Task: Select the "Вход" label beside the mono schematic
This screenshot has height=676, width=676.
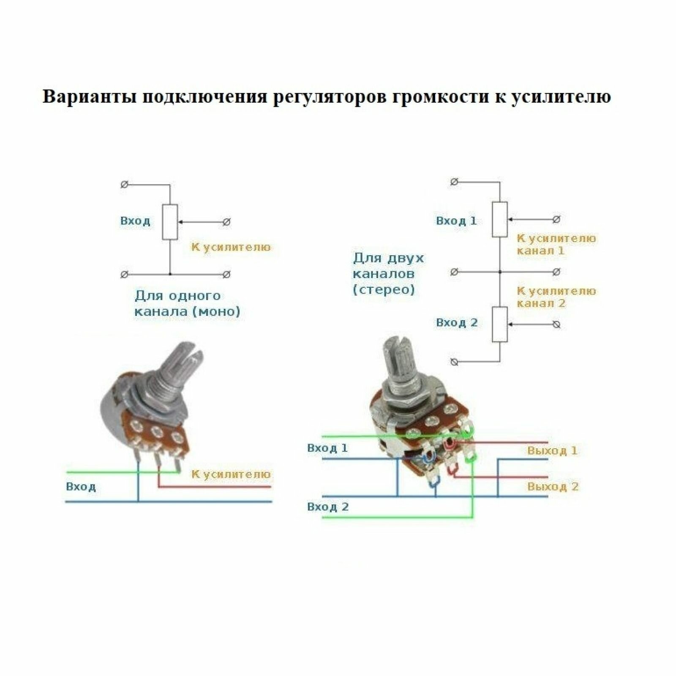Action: [x=135, y=221]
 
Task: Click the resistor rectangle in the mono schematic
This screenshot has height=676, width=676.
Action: [x=170, y=222]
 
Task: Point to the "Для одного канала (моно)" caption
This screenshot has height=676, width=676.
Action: [x=187, y=303]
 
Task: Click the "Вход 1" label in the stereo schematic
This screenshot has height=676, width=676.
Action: [x=456, y=221]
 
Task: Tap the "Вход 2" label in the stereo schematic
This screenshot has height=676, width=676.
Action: [x=457, y=323]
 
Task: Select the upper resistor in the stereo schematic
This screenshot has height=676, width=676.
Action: [x=500, y=219]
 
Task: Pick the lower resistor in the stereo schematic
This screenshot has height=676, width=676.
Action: [x=500, y=324]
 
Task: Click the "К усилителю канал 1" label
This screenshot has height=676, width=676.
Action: [x=556, y=245]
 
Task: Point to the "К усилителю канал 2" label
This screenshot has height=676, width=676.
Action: [x=556, y=297]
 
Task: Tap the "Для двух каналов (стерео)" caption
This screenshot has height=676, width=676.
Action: [x=388, y=274]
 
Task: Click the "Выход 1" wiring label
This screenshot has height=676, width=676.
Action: [x=552, y=451]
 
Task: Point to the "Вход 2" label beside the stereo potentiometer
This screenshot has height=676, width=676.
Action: [x=328, y=507]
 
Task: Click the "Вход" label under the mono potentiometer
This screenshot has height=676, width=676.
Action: [x=81, y=487]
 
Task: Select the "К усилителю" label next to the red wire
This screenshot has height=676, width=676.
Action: [x=231, y=474]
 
